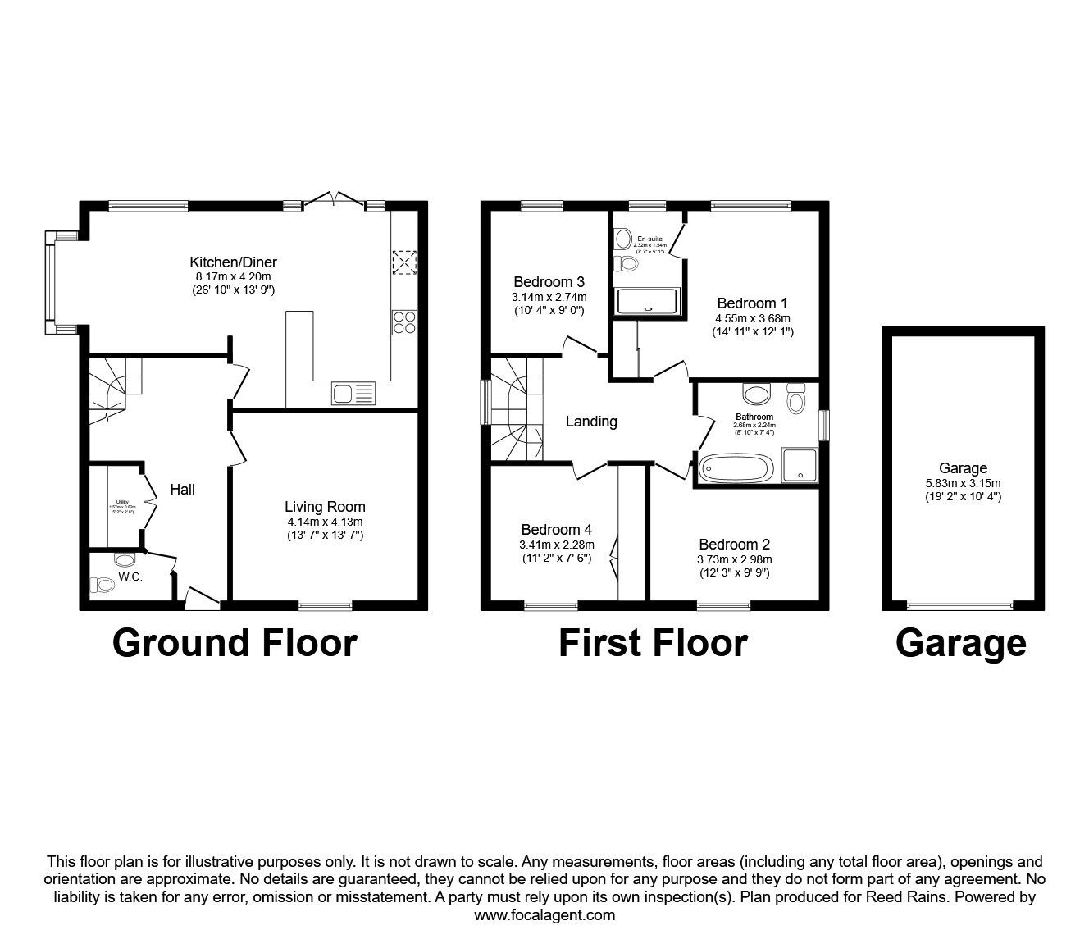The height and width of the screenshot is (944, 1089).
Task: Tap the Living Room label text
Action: tap(325, 507)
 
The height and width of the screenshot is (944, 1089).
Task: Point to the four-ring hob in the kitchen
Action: tap(404, 321)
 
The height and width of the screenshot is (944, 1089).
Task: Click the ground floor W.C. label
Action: tap(130, 577)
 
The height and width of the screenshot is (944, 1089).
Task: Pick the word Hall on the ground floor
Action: tap(182, 490)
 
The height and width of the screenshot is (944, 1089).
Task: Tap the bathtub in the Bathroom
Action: tap(736, 469)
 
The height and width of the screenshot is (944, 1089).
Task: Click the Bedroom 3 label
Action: tap(549, 281)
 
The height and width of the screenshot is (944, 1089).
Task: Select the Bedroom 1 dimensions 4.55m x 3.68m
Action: tap(752, 317)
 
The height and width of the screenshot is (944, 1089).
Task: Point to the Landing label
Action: tap(591, 422)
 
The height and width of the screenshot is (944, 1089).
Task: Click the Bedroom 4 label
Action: tap(556, 530)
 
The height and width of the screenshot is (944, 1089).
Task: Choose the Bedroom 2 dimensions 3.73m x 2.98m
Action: tap(734, 559)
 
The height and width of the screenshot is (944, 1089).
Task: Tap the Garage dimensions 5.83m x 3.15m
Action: tap(963, 483)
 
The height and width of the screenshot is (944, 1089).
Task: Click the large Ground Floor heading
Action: tap(235, 643)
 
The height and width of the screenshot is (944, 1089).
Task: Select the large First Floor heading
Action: tap(653, 643)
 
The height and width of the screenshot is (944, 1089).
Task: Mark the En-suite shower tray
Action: tap(648, 301)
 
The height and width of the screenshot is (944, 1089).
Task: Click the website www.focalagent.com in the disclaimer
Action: tap(544, 914)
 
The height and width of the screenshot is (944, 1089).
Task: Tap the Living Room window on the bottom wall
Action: tap(325, 605)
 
